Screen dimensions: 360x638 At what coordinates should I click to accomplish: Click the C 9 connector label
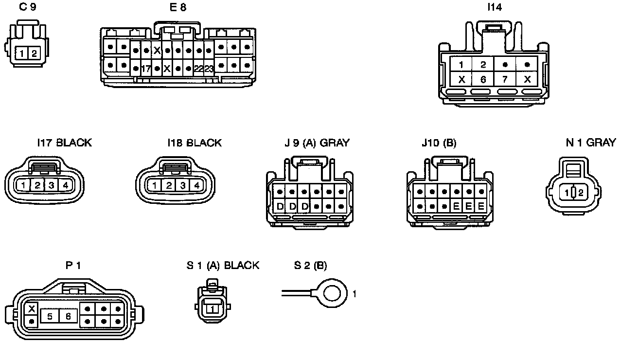(x=27, y=8)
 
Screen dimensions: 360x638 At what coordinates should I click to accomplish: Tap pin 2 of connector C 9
(x=34, y=54)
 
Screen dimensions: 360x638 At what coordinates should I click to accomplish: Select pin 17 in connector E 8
(x=146, y=69)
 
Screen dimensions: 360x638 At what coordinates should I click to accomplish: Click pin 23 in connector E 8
(x=209, y=69)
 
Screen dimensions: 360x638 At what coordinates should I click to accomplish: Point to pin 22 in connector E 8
(x=198, y=69)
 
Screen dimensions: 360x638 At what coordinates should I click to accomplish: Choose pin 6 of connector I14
(x=483, y=79)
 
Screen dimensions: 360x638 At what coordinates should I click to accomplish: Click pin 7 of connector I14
(x=505, y=79)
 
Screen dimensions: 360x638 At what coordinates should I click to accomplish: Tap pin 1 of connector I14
(x=461, y=64)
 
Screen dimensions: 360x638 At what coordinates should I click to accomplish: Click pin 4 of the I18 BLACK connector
(x=196, y=185)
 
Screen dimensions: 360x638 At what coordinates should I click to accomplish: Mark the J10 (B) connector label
(x=439, y=143)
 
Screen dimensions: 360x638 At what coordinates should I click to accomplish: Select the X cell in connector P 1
(x=32, y=309)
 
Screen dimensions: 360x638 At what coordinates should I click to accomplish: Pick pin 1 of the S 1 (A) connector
(x=212, y=308)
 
